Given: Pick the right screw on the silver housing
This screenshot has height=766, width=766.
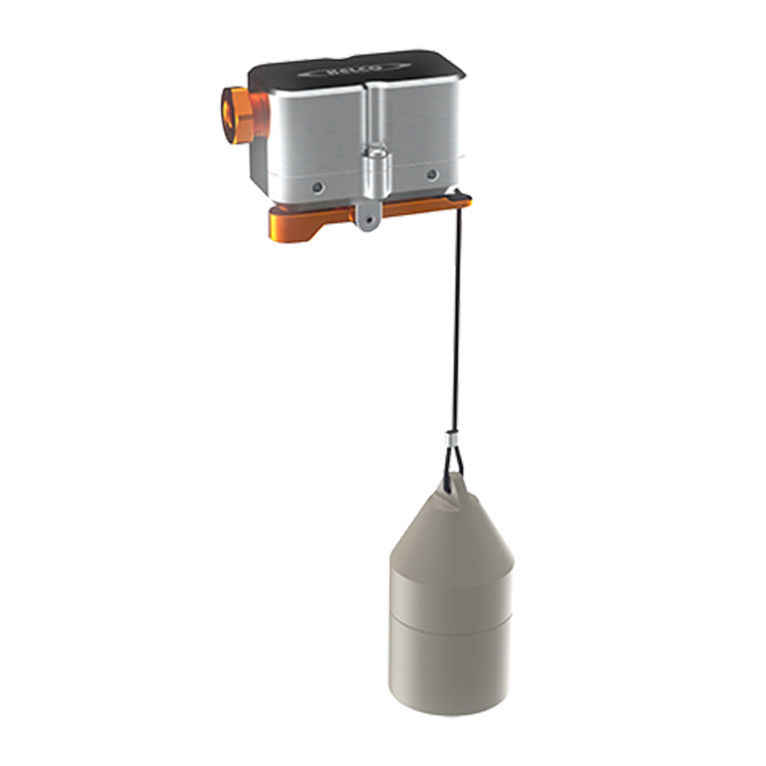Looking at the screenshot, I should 432,175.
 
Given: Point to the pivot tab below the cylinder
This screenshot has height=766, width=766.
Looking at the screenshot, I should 368,214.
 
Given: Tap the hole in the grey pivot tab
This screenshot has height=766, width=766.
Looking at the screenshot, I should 369,221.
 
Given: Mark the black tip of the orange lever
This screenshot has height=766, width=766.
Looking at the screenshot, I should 461,200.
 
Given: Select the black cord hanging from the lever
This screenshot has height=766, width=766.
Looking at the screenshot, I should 457,322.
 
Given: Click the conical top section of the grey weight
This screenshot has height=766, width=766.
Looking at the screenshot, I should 450,529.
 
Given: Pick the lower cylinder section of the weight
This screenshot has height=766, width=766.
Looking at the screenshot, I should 450,663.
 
